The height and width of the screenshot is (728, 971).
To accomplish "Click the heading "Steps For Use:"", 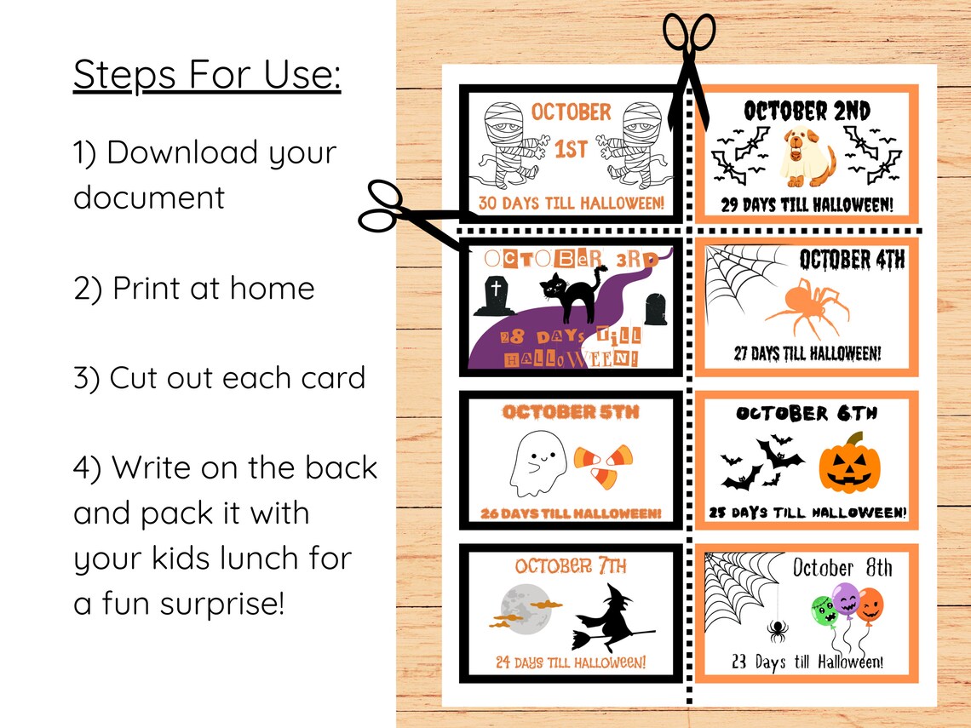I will click(207, 75).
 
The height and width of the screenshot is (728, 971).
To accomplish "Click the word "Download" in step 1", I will click(183, 152).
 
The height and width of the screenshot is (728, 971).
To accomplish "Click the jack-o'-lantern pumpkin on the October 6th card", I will click(849, 465).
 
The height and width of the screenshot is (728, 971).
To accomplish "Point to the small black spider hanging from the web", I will click(776, 631).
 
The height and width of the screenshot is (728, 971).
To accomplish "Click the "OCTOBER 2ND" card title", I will click(807, 111).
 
